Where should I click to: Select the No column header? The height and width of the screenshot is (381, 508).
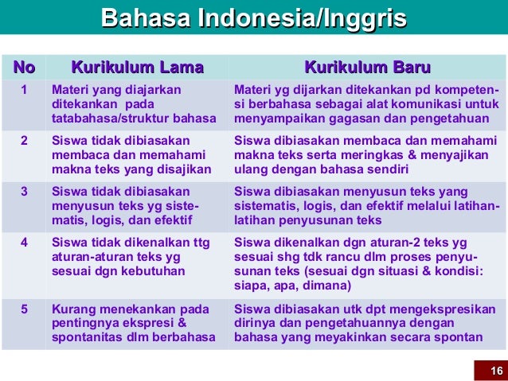(x=23, y=66)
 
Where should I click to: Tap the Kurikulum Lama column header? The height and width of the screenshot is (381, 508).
(x=137, y=66)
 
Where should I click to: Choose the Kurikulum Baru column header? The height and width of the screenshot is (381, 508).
(x=367, y=66)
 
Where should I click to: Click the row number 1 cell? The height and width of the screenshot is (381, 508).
(x=24, y=90)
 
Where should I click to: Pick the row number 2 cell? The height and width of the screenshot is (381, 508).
(x=24, y=140)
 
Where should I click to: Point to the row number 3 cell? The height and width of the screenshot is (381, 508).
(x=24, y=191)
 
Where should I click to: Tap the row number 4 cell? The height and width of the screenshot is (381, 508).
(x=24, y=242)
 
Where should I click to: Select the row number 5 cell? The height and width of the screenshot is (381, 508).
(x=24, y=308)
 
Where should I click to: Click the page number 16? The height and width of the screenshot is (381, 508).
(x=496, y=371)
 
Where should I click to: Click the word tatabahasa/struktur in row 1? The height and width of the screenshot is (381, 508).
(x=103, y=119)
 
